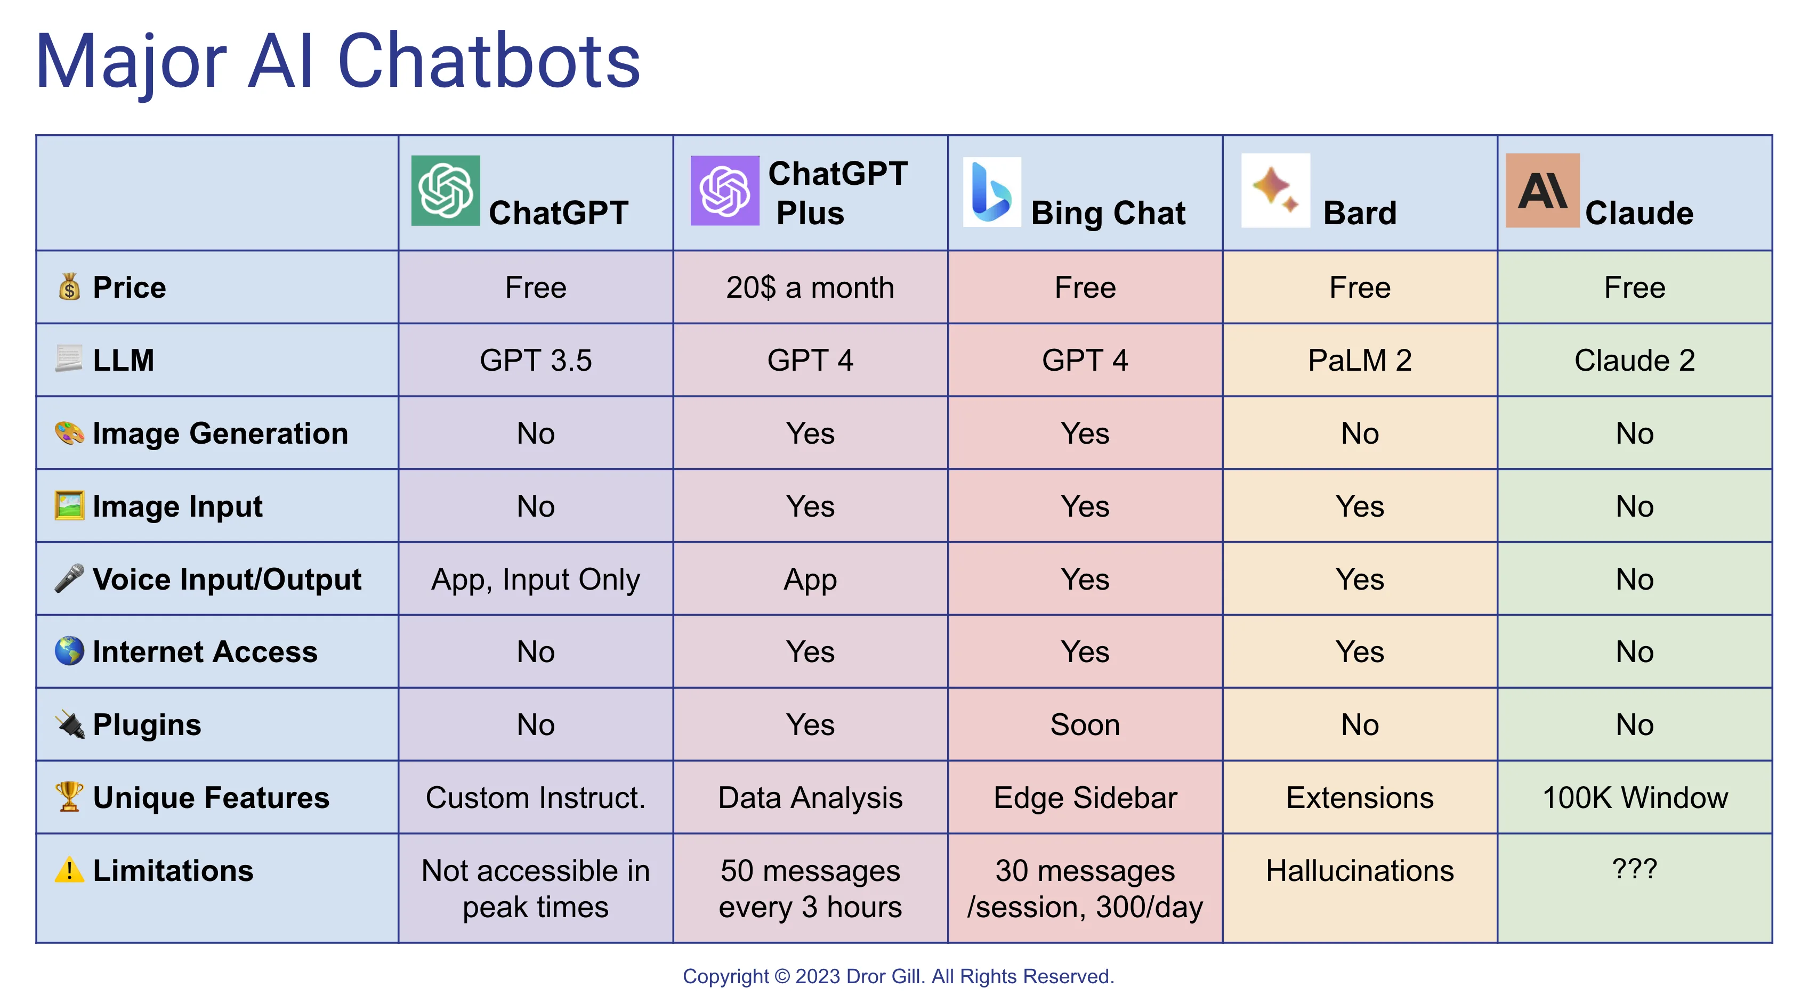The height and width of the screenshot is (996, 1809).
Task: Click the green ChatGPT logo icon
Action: [445, 190]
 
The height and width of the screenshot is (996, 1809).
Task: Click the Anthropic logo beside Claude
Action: [1542, 190]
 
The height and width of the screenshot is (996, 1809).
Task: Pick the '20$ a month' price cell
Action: [810, 288]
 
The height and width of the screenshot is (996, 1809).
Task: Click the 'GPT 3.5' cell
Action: [535, 361]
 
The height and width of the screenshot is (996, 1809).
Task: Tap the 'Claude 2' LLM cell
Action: [1634, 361]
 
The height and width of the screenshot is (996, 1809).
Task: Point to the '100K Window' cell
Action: [1634, 798]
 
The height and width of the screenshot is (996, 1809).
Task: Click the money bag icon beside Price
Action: [69, 287]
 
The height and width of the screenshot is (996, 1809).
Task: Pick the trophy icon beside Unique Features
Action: [69, 797]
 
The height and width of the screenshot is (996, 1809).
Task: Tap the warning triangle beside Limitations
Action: [69, 870]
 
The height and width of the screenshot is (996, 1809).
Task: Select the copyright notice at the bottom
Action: [898, 976]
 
